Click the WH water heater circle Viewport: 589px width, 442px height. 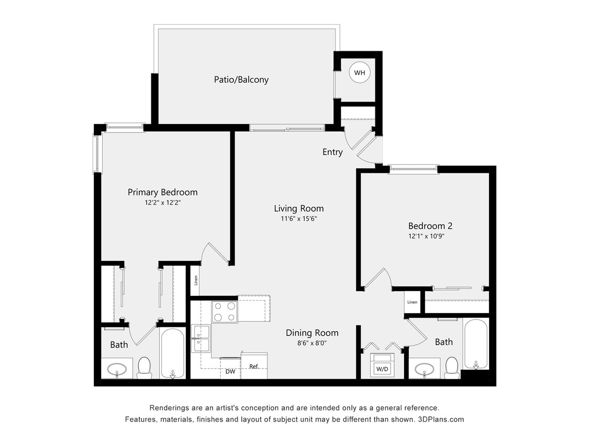[x=359, y=73]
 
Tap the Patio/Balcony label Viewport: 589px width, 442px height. [x=241, y=80]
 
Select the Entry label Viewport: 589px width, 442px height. [x=332, y=152]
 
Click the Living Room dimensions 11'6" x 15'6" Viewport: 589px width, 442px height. [x=298, y=219]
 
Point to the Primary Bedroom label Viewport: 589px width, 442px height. [x=162, y=192]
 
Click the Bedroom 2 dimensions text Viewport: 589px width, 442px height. [x=430, y=236]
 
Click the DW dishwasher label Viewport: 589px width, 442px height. [x=230, y=371]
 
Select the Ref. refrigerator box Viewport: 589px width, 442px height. [x=254, y=366]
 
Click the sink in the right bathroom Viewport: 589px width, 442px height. [x=424, y=369]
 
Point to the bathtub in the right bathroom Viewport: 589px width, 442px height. [x=475, y=344]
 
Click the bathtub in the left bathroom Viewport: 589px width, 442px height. [x=172, y=352]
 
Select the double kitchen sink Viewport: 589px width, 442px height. [x=201, y=338]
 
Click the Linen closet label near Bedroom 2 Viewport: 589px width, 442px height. [x=412, y=302]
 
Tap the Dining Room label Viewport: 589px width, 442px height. [x=312, y=333]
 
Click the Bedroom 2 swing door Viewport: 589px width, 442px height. [x=378, y=279]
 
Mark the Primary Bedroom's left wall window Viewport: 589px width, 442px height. [x=96, y=153]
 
